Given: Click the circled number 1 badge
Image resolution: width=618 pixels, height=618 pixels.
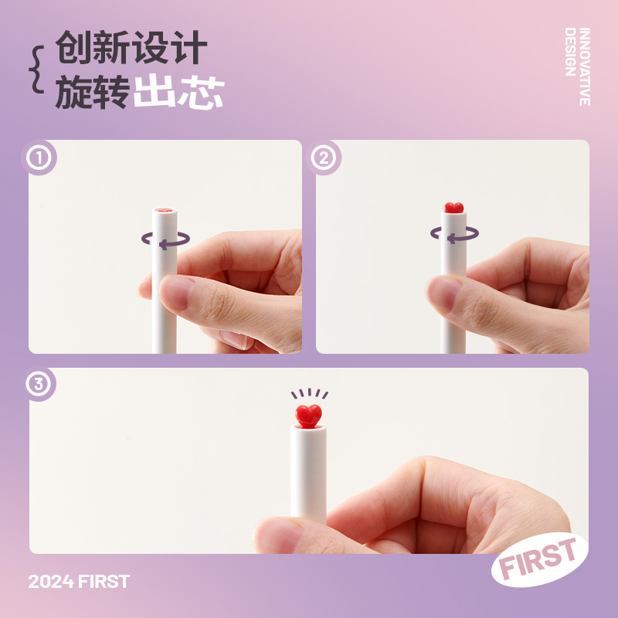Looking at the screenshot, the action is tap(39, 158).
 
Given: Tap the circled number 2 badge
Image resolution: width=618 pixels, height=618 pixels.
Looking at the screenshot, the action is tap(324, 158).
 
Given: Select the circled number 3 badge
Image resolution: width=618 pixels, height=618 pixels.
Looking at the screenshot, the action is tap(39, 384).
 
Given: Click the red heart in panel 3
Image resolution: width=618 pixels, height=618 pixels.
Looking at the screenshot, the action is tap(308, 416).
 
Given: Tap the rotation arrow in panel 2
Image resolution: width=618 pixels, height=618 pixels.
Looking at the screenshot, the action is tap(454, 235).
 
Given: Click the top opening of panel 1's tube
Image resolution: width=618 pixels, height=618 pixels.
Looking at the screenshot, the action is tap(165, 210).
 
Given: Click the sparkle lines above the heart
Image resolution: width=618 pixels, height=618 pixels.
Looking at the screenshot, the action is tap(310, 393).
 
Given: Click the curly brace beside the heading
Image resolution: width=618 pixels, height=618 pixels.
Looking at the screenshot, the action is tap(36, 70).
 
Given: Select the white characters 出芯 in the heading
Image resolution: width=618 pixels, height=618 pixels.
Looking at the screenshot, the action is tap(178, 91).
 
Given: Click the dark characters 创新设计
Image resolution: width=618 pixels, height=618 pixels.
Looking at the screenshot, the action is tap(131, 47).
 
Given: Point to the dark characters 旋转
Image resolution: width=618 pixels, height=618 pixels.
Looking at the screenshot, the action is tap(93, 92).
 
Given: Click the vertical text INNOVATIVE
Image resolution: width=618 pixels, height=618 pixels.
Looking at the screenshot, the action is tap(585, 66).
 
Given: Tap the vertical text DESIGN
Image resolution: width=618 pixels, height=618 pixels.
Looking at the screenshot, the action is tap(570, 52).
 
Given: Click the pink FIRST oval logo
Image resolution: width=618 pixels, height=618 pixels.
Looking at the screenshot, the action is tap(539, 559).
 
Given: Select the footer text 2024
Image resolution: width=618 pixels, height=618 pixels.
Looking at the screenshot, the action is tap(51, 582).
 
